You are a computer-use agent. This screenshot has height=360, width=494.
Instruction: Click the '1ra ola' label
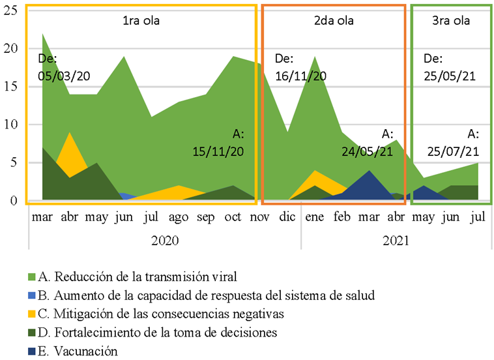click(141, 20)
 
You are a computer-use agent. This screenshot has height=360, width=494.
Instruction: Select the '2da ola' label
click(334, 20)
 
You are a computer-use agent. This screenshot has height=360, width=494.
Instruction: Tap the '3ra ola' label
click(451, 20)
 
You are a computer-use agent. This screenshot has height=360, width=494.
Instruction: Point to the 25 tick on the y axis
click(11, 11)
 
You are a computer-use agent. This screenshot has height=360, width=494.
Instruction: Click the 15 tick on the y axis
click(11, 87)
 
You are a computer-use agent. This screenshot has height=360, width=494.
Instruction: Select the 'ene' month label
click(315, 216)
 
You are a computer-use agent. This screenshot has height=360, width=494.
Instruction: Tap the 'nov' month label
click(259, 216)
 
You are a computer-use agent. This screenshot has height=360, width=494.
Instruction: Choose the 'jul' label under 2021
click(478, 216)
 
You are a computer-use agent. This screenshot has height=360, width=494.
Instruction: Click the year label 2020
click(164, 240)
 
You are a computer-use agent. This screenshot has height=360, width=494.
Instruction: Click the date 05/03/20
click(64, 75)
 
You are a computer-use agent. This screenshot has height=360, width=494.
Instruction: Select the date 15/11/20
click(219, 151)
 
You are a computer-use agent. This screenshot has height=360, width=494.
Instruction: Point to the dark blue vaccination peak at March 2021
click(370, 172)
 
